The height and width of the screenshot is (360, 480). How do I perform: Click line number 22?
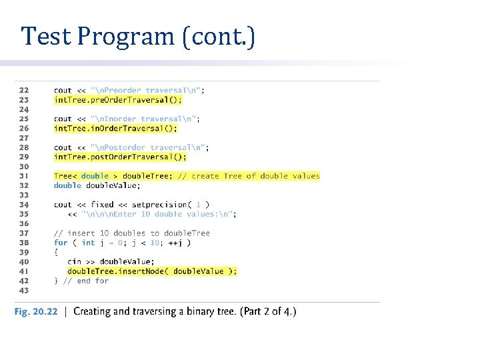click(24, 91)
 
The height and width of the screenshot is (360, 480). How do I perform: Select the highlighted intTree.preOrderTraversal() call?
click(117, 100)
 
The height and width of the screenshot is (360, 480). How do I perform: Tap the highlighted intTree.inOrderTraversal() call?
click(115, 129)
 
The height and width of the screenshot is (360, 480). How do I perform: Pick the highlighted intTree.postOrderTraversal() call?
click(120, 157)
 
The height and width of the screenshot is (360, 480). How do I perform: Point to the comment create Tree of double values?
click(249, 176)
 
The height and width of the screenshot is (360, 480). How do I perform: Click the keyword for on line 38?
click(61, 243)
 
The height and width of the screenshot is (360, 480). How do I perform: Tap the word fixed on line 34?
click(103, 205)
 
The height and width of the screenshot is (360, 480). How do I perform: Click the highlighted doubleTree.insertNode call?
click(152, 271)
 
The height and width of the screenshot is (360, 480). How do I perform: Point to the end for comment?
click(85, 281)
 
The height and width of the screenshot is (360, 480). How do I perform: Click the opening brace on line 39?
click(57, 253)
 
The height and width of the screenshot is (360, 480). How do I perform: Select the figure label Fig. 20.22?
click(36, 312)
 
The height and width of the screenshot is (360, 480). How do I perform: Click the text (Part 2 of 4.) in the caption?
click(263, 312)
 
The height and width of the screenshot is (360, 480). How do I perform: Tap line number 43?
click(24, 291)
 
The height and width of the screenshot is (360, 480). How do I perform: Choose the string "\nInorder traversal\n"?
click(147, 119)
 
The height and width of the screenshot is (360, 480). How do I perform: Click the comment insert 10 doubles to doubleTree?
click(132, 233)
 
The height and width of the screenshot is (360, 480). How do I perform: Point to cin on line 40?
click(74, 262)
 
